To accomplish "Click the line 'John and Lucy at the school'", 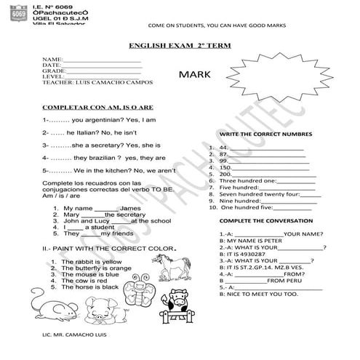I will [116, 220].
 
